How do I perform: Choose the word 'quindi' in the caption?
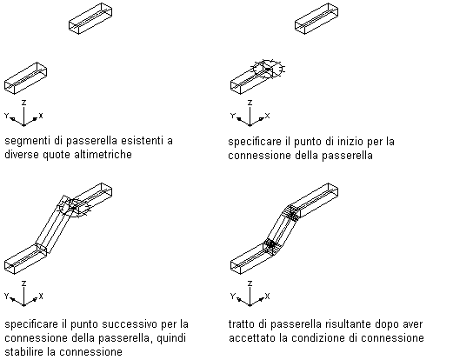point(171,338)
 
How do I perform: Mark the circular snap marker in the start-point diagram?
point(268,70)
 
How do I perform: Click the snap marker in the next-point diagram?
point(74,208)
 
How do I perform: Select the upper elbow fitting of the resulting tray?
point(292,214)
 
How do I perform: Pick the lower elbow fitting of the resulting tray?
point(271,245)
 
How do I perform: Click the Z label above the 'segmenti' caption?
point(24,103)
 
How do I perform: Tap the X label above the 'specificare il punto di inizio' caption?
point(267,116)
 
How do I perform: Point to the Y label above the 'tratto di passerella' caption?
point(232,296)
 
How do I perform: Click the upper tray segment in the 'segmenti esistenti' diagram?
point(90,18)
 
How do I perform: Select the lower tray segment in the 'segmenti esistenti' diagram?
point(25,78)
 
